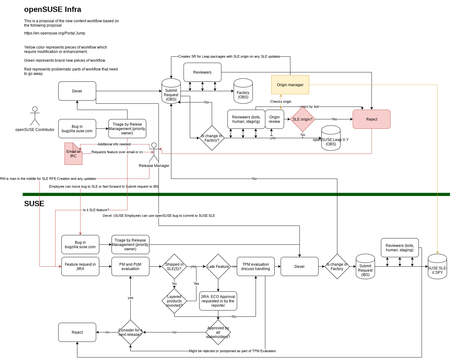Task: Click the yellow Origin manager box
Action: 290,85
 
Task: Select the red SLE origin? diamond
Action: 303,119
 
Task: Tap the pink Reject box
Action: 371,119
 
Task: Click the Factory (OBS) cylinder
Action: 243,91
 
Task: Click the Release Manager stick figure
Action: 154,152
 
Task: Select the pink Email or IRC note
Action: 73,154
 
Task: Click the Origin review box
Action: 274,119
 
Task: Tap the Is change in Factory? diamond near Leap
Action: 212,138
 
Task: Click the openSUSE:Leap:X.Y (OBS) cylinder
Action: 331,138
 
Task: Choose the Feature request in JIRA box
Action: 80,267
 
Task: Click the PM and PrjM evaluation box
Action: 130,267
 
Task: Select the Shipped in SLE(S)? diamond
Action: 174,267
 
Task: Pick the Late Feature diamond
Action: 218,267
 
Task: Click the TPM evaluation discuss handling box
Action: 256,267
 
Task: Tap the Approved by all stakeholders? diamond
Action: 218,332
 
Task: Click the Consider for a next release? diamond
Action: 130,332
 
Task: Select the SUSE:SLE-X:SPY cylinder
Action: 437,267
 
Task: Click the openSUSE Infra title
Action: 53,9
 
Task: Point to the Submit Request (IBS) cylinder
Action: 365,267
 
